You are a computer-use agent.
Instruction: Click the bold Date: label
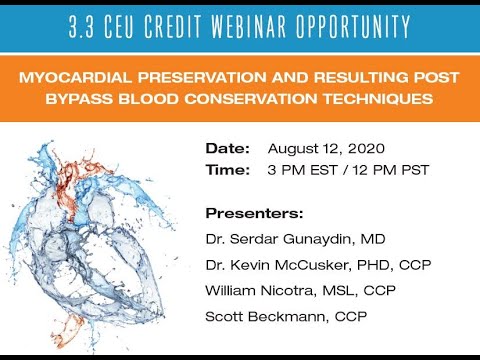(227, 148)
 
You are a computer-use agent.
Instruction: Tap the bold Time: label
(227, 169)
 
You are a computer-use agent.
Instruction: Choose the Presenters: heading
(254, 213)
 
